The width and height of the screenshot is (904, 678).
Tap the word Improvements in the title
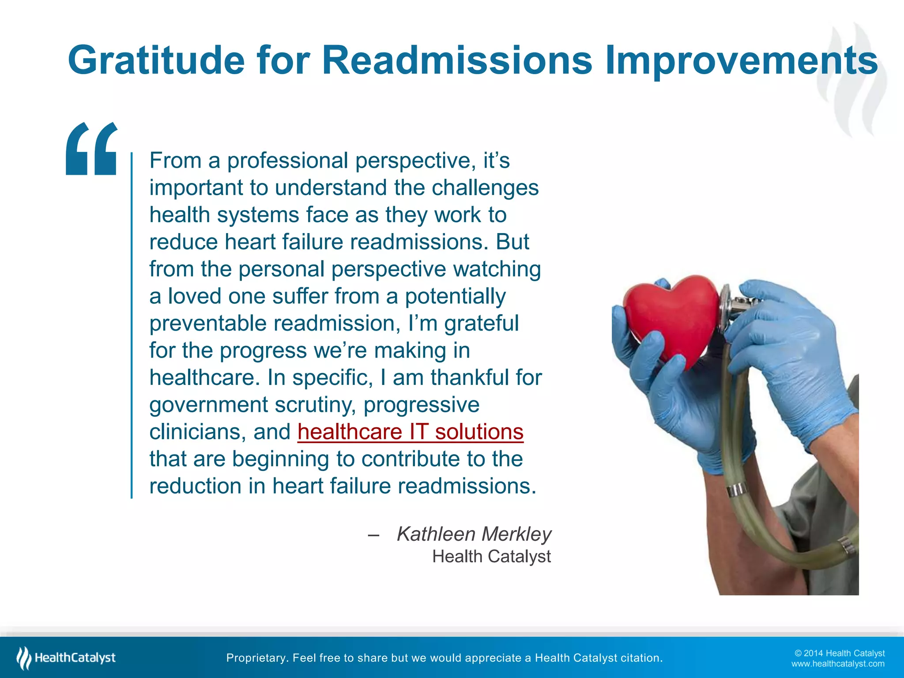pyautogui.click(x=741, y=60)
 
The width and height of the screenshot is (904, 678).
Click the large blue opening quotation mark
pyautogui.click(x=92, y=149)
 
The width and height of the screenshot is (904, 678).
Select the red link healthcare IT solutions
pyautogui.click(x=410, y=432)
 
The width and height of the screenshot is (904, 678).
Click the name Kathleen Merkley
pyautogui.click(x=474, y=534)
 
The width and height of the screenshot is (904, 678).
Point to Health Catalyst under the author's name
pyautogui.click(x=491, y=557)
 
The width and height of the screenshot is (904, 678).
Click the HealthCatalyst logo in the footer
pyautogui.click(x=66, y=658)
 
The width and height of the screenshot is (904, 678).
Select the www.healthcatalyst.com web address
pyautogui.click(x=837, y=664)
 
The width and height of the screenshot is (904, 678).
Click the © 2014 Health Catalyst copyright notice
pyautogui.click(x=839, y=653)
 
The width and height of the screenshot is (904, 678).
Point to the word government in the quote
pyautogui.click(x=208, y=405)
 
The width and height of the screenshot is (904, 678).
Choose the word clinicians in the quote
pyautogui.click(x=197, y=432)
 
